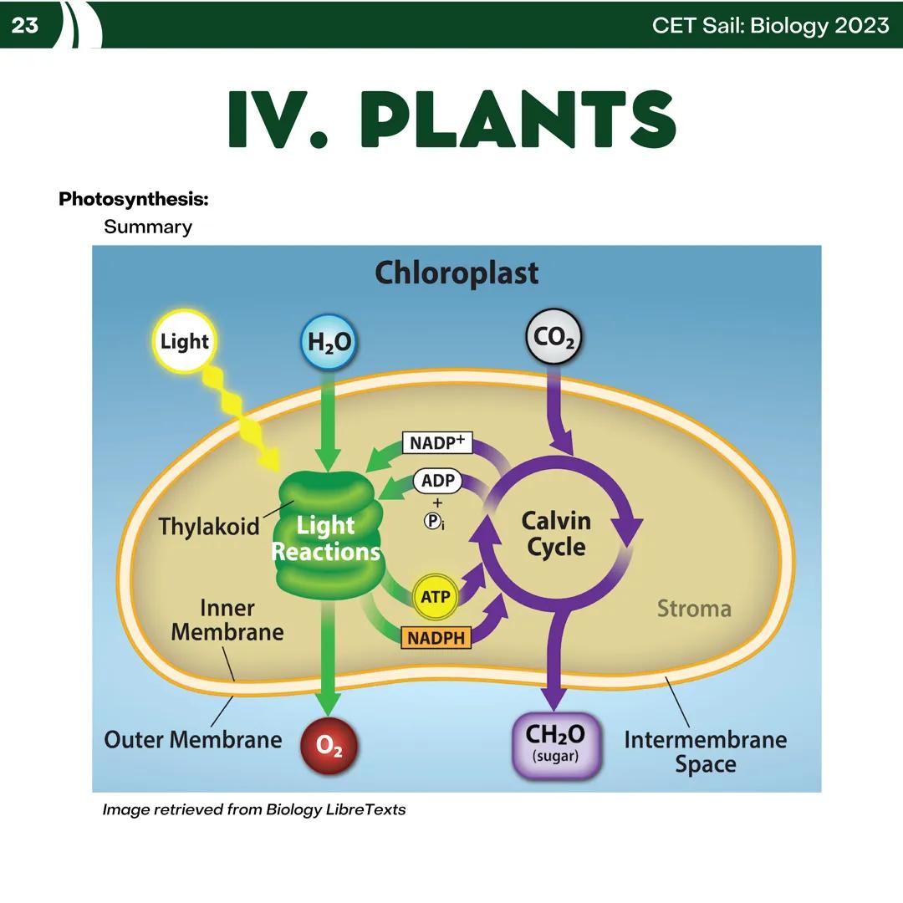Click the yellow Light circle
[185, 341]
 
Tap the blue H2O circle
[329, 342]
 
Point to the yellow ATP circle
[436, 597]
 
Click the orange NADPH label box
[436, 638]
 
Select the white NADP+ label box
[437, 442]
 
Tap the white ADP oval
[437, 481]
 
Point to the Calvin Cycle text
[556, 533]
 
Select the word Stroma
[693, 608]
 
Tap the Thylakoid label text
[209, 527]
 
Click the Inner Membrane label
[227, 620]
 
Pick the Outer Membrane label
[192, 739]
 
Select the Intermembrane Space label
[705, 752]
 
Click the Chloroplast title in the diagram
[457, 273]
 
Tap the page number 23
[25, 25]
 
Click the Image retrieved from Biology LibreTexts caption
[253, 809]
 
